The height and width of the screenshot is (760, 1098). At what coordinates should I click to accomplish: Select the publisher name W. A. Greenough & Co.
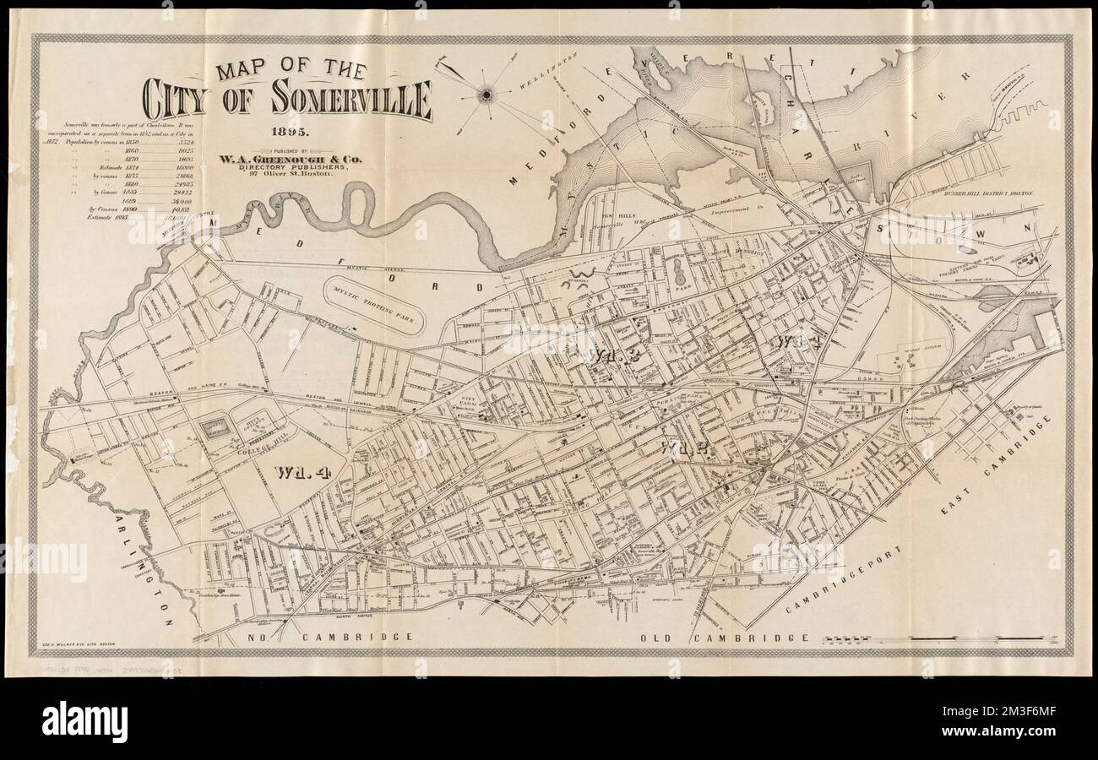point(291,157)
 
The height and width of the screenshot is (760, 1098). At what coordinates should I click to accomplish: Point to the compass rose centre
point(487,95)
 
